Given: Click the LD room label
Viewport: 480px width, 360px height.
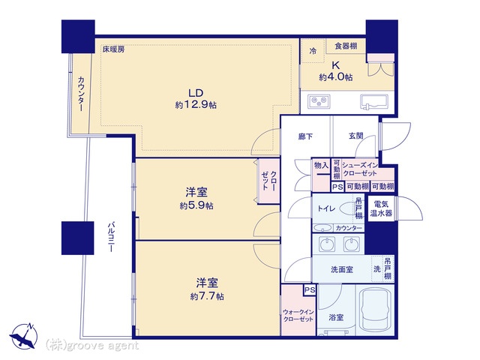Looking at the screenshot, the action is pos(196,93).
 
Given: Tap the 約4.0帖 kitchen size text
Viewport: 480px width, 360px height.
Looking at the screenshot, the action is pos(336,76).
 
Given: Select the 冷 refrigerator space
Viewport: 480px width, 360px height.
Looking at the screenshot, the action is pos(313,51).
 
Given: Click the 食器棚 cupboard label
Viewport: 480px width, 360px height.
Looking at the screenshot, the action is pos(346,46).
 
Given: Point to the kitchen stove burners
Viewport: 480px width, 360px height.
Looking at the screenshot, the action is pos(319,101).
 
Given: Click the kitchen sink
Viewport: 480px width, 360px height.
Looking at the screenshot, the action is pos(374,102).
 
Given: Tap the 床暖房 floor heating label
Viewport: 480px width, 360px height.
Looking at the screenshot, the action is pos(113,49).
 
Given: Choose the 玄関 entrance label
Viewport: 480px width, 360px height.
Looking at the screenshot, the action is pos(356,136).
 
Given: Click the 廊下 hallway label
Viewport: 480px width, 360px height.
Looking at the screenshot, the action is pos(305,136).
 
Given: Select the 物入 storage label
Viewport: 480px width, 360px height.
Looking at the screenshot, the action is pos(322,166).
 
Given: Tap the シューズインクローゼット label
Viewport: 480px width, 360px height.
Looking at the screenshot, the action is pos(360,169).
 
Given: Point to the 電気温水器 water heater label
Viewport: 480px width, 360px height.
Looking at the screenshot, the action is pos(381,208).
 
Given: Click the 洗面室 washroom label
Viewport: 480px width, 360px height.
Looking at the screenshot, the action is pos(342,270).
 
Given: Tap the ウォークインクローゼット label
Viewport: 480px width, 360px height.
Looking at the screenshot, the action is pos(298,316).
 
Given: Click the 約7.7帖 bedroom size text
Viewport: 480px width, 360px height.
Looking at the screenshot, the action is pos(207,296).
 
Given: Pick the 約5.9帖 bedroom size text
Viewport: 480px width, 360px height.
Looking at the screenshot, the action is pos(196,205).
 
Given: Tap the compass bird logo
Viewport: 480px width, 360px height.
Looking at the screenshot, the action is pos(24,336).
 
